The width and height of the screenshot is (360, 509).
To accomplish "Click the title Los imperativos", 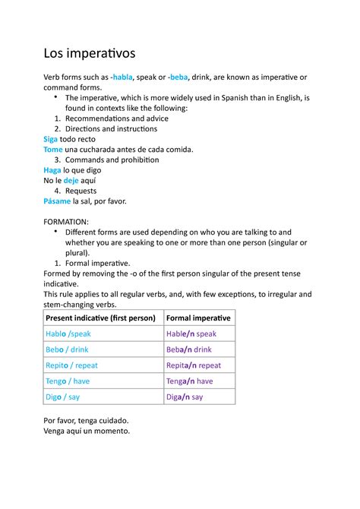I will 90,53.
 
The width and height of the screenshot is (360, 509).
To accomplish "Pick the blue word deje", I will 71,181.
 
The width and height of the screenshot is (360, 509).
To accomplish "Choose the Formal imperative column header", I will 198,318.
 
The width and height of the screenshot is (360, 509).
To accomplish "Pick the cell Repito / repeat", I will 71,365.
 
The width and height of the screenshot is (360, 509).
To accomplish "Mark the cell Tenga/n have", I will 189,381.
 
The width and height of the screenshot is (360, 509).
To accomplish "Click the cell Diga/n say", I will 185,397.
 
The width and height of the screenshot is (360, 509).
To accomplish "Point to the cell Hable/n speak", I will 191,334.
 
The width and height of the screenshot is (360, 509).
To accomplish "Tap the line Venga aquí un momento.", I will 87,431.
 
